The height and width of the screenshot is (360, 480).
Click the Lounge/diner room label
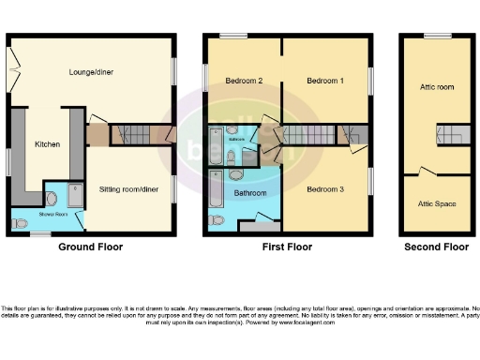(92, 71)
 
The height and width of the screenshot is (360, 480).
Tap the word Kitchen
(47, 144)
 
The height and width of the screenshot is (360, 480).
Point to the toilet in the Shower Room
(51, 198)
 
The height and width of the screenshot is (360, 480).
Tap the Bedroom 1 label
(325, 82)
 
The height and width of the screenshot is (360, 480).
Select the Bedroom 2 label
(244, 82)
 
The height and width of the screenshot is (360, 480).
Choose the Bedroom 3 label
(325, 189)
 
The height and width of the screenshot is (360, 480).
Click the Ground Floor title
(91, 247)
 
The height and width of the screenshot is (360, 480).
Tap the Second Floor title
(436, 247)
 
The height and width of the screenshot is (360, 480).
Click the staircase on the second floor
(453, 135)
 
